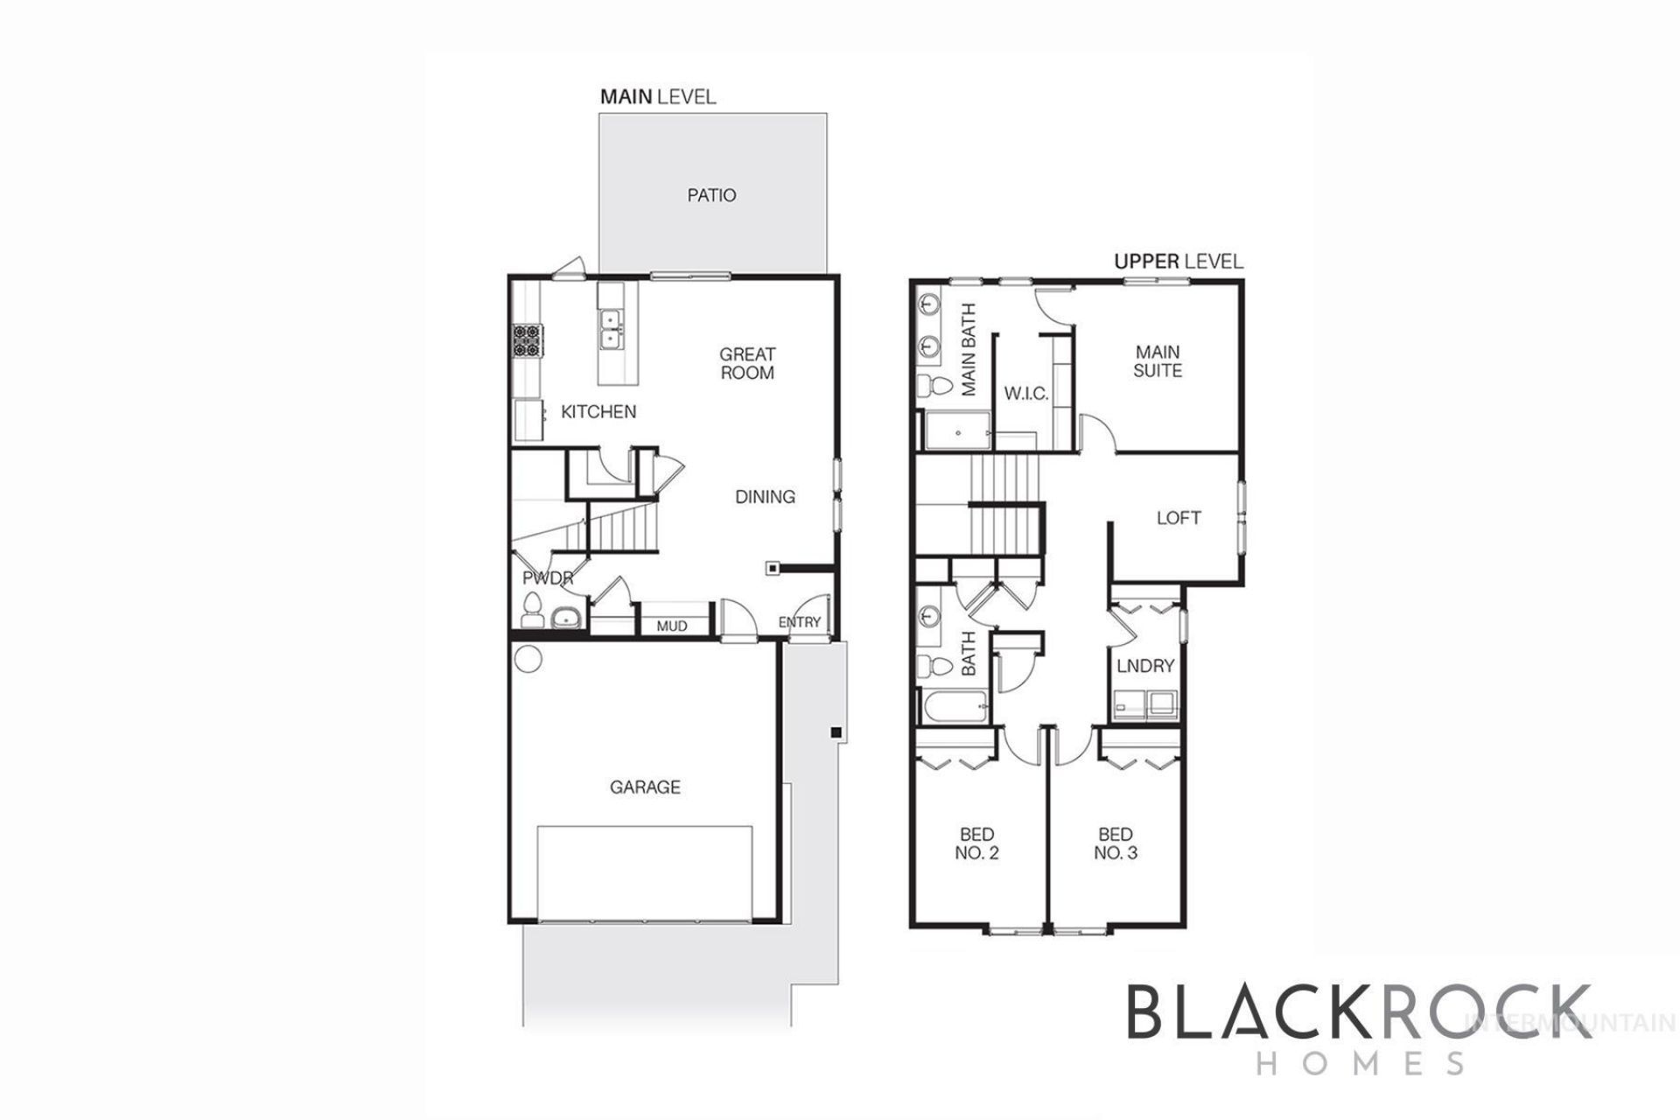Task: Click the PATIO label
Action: point(711,195)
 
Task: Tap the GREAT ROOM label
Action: point(747,363)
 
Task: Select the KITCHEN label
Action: point(598,411)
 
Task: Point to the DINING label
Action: point(765,497)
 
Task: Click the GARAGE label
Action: point(645,787)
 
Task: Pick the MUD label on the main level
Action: point(672,626)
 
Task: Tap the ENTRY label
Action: point(800,622)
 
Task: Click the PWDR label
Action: point(548,578)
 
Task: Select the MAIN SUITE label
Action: point(1158,361)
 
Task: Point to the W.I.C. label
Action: point(1026,394)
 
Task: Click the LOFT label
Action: point(1179,518)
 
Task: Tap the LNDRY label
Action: point(1145,667)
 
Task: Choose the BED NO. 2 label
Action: point(976,843)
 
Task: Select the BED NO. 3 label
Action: point(1116,843)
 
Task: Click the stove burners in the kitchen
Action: point(528,340)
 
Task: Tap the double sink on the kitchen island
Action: point(611,329)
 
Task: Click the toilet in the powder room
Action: point(531,610)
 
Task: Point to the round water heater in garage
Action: point(528,659)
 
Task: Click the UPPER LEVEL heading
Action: point(1178,261)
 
